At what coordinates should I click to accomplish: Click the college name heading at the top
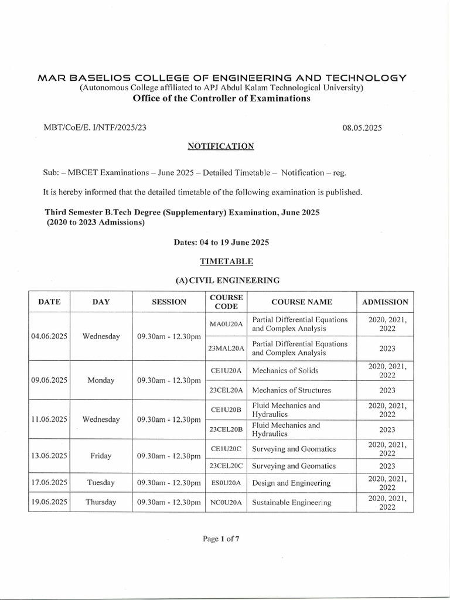[221, 78]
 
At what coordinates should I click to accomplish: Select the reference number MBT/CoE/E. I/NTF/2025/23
[91, 128]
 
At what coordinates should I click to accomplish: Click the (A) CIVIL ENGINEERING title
[221, 281]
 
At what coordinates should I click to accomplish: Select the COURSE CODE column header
[225, 302]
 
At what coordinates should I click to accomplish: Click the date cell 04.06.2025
[49, 336]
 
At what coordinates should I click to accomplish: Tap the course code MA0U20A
[225, 325]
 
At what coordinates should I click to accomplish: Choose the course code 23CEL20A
[225, 390]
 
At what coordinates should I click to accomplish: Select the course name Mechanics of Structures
[292, 390]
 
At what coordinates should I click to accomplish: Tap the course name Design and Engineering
[291, 483]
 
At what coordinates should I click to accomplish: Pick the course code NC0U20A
[225, 502]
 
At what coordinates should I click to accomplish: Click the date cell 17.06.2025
[49, 483]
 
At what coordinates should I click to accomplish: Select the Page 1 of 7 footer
[220, 540]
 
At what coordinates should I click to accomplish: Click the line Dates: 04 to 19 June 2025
[221, 241]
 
